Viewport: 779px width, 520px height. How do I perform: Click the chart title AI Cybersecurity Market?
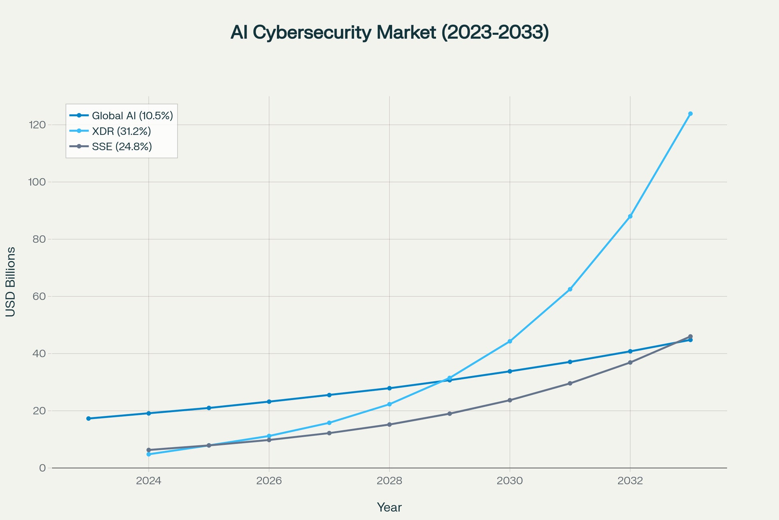point(389,32)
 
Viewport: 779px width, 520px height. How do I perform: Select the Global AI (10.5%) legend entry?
point(132,116)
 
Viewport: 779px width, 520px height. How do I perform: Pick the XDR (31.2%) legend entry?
point(121,131)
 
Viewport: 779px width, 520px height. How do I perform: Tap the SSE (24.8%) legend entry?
point(122,147)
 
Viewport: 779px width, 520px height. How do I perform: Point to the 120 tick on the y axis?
point(37,125)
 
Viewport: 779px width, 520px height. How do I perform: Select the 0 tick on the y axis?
point(42,468)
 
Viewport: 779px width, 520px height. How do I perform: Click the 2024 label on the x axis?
point(149,481)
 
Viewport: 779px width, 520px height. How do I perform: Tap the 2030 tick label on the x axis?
point(510,481)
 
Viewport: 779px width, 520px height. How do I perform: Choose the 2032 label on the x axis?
point(630,481)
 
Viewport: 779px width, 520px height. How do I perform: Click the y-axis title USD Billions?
point(11,282)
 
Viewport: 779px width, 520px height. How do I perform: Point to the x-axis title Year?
point(389,508)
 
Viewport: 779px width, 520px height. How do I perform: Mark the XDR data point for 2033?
point(690,114)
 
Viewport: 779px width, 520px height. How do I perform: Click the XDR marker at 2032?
point(630,216)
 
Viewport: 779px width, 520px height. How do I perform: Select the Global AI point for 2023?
point(88,418)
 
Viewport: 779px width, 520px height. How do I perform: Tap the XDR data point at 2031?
point(570,289)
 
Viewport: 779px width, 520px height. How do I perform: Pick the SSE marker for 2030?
point(510,400)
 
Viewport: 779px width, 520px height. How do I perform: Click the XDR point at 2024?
point(149,454)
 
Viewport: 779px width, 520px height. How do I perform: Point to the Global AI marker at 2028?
point(389,388)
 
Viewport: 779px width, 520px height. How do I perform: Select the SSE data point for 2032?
point(630,362)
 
